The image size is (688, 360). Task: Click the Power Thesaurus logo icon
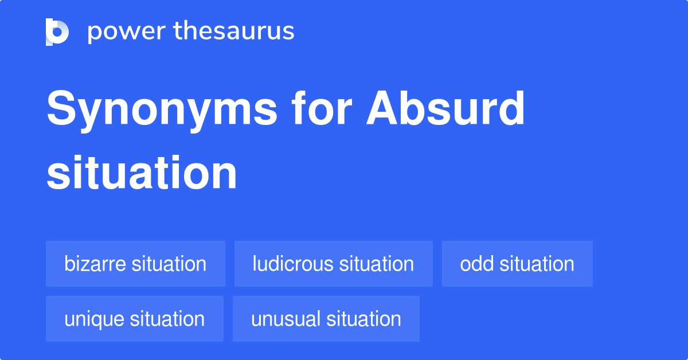click(57, 32)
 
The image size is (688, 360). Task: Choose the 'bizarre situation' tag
click(135, 264)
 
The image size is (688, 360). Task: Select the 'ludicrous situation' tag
click(333, 264)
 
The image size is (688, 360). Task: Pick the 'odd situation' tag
click(517, 264)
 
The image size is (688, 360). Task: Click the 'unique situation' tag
click(135, 319)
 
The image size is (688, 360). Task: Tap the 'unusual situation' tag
click(326, 319)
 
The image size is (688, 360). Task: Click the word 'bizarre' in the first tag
click(96, 264)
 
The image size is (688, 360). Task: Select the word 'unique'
click(95, 319)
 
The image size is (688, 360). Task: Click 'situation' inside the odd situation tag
click(537, 264)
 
